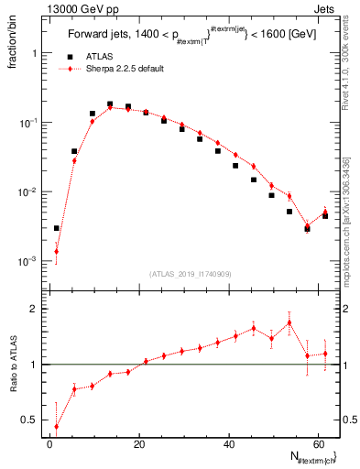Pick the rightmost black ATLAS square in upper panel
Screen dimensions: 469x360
(x=325, y=215)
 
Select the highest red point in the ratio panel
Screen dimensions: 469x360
(x=289, y=322)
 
